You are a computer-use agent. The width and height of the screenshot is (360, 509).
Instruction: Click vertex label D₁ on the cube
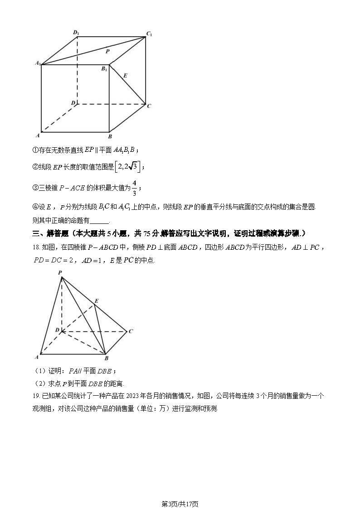click(x=76, y=33)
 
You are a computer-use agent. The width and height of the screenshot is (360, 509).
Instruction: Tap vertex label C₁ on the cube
click(x=149, y=34)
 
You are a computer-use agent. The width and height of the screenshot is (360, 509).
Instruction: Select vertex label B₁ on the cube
click(x=104, y=69)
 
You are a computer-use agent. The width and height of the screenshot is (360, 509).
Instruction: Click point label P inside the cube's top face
click(x=107, y=52)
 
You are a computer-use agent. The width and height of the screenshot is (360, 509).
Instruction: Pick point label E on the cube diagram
click(x=126, y=75)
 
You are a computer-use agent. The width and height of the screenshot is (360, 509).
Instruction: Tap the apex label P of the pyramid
click(x=60, y=272)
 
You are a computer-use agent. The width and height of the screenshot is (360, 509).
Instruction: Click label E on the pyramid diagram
click(x=96, y=301)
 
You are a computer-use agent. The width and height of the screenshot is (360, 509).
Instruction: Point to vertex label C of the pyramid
click(x=131, y=331)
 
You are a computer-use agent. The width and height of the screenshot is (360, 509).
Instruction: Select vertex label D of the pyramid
click(x=57, y=330)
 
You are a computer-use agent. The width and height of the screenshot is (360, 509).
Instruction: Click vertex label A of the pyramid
click(x=37, y=358)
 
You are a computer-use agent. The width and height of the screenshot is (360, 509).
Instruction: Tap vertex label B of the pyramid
click(x=106, y=359)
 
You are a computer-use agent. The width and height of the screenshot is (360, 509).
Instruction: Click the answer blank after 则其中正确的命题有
click(x=100, y=221)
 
